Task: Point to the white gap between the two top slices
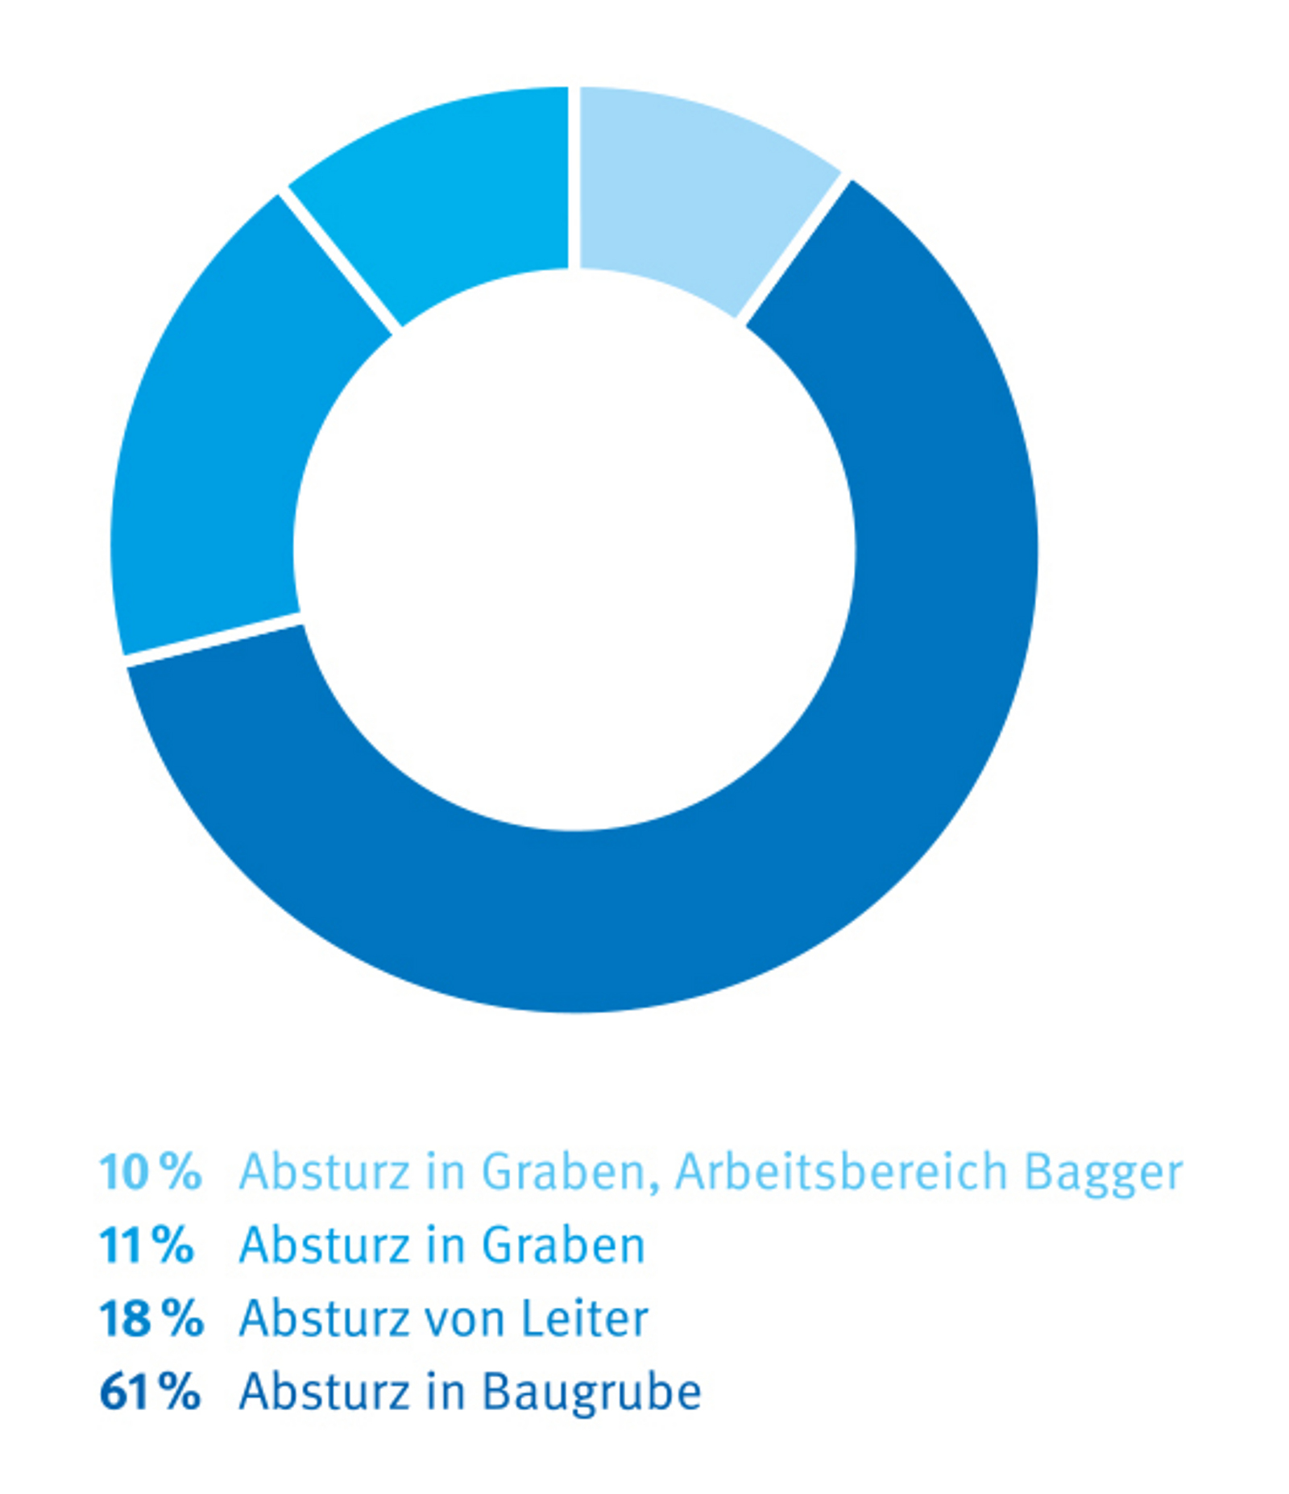tap(574, 177)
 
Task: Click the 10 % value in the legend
tap(150, 1172)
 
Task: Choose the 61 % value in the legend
tap(150, 1392)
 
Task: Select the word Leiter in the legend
tap(584, 1319)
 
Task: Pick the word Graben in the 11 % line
tap(563, 1246)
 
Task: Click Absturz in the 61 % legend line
tap(324, 1392)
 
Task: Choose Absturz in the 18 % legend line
tap(324, 1319)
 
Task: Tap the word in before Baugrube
tap(446, 1392)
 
